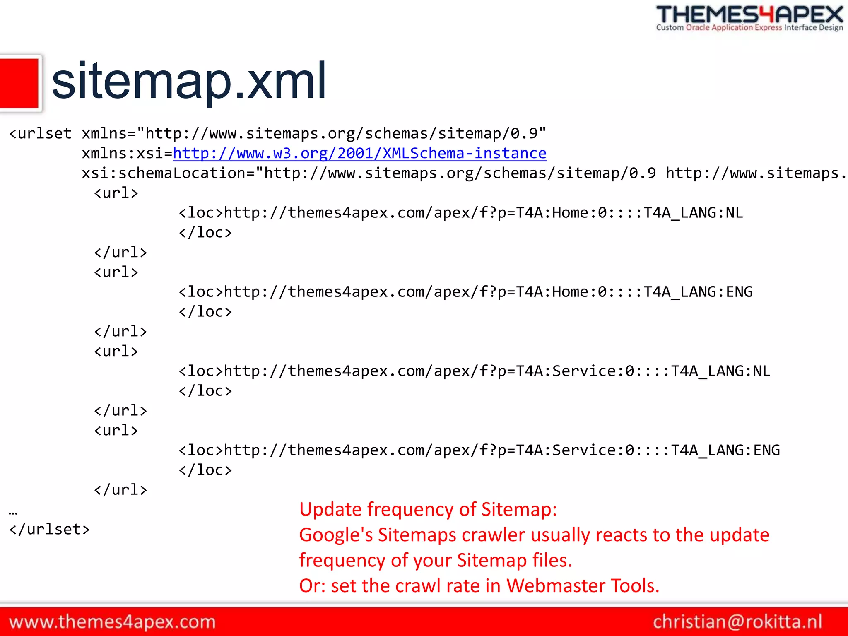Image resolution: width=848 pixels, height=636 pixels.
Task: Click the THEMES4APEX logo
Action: coord(749,14)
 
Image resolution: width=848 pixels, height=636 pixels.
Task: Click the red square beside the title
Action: coord(19,83)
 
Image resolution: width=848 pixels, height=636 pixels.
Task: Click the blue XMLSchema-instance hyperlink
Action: coord(359,154)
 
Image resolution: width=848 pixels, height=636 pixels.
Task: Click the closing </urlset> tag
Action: coord(49,530)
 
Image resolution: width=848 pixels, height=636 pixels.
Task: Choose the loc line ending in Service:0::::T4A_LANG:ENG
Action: coord(479,450)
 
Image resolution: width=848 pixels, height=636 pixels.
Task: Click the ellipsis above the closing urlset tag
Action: coord(13,513)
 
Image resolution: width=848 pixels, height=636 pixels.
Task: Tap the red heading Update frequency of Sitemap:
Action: coord(428,509)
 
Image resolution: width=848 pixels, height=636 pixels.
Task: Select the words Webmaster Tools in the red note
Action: coord(583,586)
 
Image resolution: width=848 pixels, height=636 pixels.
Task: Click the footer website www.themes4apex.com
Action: coord(112,622)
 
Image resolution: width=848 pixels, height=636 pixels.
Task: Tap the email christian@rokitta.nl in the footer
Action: coord(737,622)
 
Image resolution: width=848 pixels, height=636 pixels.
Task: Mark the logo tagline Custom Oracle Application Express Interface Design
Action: coord(749,28)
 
